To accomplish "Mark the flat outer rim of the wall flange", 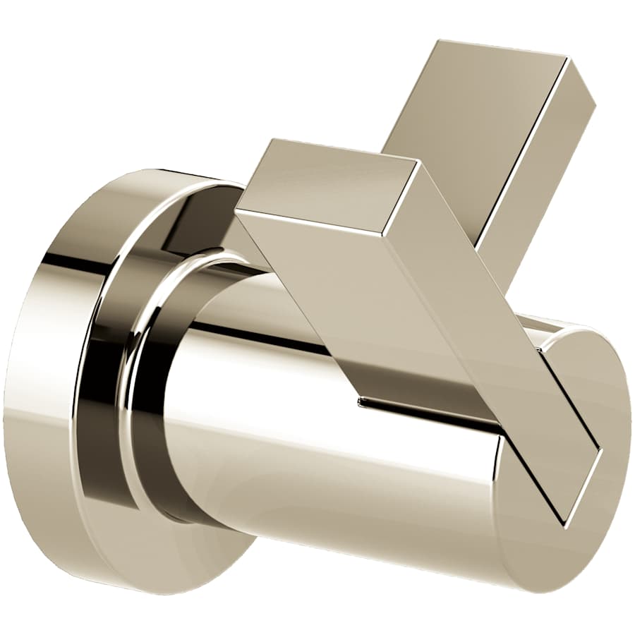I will click(x=42, y=395).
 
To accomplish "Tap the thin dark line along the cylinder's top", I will click(x=261, y=337).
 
